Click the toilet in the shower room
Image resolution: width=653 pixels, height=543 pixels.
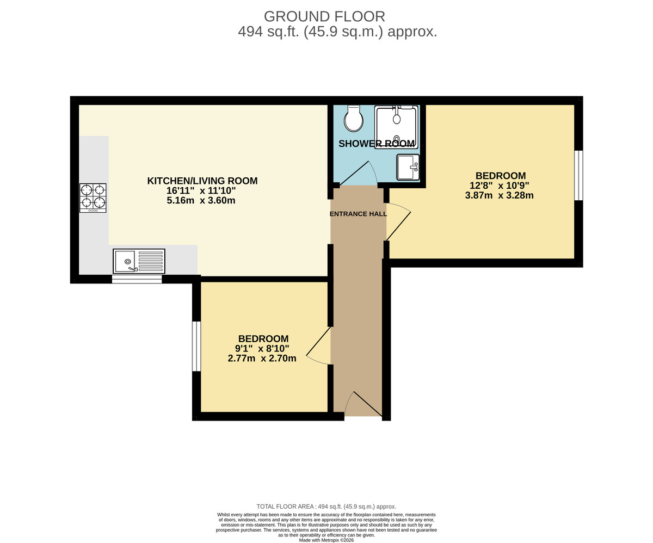click(354, 119)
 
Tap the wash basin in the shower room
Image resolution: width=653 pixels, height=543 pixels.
click(408, 167)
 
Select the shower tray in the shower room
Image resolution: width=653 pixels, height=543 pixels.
click(396, 127)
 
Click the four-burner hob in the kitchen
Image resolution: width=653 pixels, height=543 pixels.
click(93, 198)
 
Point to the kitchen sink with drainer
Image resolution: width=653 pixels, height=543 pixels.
click(139, 261)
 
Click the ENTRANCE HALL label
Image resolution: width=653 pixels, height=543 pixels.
click(358, 214)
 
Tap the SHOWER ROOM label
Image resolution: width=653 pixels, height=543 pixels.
click(376, 144)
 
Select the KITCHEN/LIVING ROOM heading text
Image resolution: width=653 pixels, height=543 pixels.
click(202, 181)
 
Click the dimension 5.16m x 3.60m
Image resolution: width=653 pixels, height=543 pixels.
click(201, 200)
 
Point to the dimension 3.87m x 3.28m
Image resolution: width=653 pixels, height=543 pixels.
click(499, 195)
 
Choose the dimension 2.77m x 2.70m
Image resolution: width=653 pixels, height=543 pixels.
click(262, 358)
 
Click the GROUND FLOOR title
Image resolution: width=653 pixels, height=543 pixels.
click(324, 16)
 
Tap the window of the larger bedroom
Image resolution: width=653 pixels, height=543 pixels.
click(578, 175)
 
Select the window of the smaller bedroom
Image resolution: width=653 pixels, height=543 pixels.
click(196, 346)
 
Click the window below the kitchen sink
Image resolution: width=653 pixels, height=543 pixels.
click(137, 279)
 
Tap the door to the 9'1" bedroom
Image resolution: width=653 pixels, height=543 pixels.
click(319, 346)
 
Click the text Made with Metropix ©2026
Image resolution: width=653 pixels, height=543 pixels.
click(326, 540)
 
